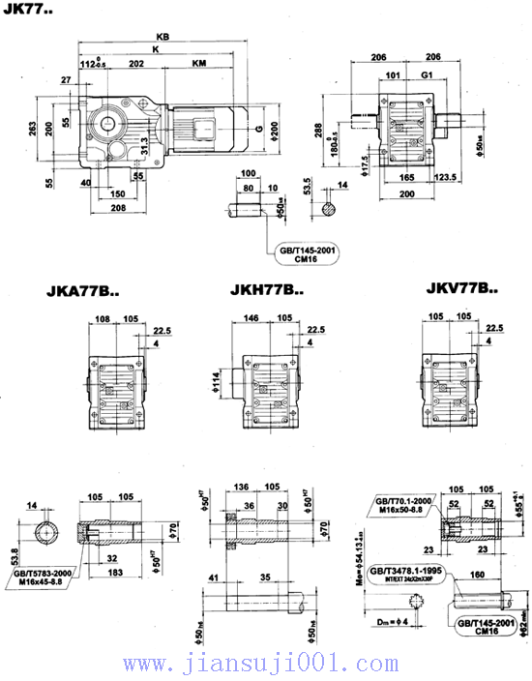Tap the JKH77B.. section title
267,288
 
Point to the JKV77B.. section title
462,288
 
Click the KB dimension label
163,38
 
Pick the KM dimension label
197,63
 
